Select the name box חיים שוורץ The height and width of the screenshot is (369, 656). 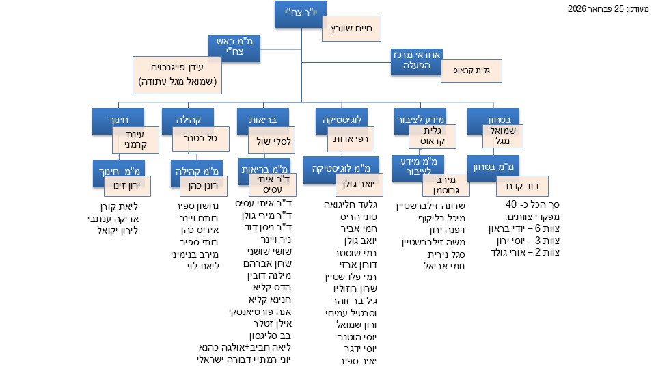(351, 29)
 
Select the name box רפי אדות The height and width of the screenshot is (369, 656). (351, 139)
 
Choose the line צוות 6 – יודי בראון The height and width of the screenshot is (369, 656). (519, 228)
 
